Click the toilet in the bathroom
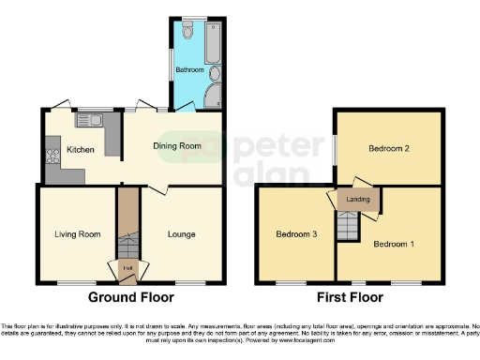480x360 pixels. (189, 31)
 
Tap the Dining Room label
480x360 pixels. (177, 145)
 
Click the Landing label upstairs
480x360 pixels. (358, 200)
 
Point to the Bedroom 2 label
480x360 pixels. (390, 148)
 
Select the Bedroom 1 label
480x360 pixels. (394, 244)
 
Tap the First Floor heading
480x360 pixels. (349, 298)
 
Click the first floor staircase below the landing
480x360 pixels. (349, 225)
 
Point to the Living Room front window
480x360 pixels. (71, 282)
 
